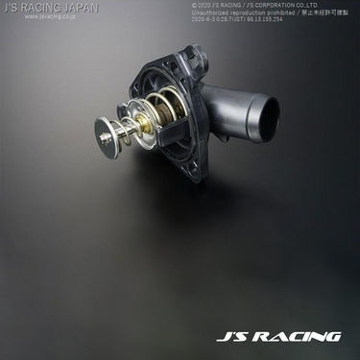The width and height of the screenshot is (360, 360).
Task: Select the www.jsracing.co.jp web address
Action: (x=38, y=16)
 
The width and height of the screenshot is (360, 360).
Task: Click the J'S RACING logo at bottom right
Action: (x=277, y=336)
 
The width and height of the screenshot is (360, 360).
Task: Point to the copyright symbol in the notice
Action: (x=194, y=5)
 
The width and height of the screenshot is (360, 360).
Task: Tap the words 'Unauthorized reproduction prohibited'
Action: (x=240, y=12)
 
